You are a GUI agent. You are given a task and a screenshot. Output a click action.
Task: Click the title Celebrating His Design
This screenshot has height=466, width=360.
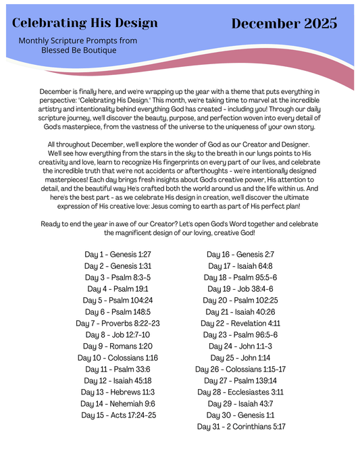[x=85, y=23]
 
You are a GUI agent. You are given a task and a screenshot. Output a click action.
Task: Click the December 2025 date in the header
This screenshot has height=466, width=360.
[x=284, y=24]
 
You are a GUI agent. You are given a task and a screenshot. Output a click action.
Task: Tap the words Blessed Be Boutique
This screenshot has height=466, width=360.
[x=78, y=50]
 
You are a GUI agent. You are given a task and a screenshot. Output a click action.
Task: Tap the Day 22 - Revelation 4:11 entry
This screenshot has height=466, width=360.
[x=240, y=323]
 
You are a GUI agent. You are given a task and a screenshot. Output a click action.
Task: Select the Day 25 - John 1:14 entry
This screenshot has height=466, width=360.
[x=240, y=357]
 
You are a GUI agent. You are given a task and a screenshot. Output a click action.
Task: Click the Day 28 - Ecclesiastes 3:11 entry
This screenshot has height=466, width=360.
[x=240, y=392]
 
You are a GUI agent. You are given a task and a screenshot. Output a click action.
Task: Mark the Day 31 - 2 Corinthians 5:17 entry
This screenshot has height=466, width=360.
[x=240, y=426]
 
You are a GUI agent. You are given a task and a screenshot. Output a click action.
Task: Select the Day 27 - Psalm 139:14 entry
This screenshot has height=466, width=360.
[x=240, y=380]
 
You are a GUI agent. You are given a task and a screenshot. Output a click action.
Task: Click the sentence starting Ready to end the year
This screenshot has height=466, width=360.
[x=180, y=228]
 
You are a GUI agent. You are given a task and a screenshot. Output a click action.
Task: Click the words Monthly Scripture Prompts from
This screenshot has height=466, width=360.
[x=78, y=41]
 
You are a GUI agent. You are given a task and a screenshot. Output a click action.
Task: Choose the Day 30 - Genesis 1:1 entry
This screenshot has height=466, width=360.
[x=240, y=415]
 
